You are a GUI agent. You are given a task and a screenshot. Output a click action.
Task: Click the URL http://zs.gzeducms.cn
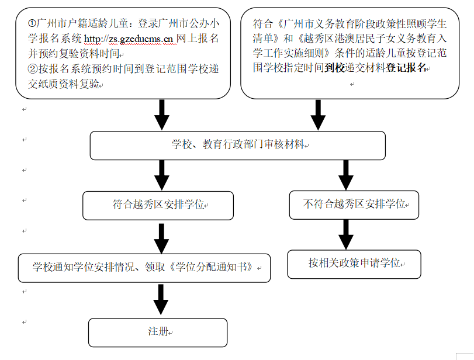coord(130,39)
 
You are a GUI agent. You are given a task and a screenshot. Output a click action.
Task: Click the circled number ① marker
coord(32,24)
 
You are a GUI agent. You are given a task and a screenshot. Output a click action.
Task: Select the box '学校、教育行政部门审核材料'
coord(237,145)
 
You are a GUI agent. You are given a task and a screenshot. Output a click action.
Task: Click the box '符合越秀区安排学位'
coord(158,205)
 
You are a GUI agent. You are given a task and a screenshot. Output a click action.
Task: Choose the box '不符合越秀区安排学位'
coord(354,205)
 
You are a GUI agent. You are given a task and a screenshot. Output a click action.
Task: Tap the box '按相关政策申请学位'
coord(354,264)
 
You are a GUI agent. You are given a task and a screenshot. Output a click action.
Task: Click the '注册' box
coord(158,332)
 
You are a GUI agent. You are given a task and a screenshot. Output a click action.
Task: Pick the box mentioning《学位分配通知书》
coord(144,268)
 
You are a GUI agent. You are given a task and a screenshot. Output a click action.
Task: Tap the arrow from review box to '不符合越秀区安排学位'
coord(346,175)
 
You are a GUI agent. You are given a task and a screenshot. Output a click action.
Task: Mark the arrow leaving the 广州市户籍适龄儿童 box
coord(162,115)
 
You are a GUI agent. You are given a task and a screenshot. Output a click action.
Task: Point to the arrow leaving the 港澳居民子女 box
coord(318,115)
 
